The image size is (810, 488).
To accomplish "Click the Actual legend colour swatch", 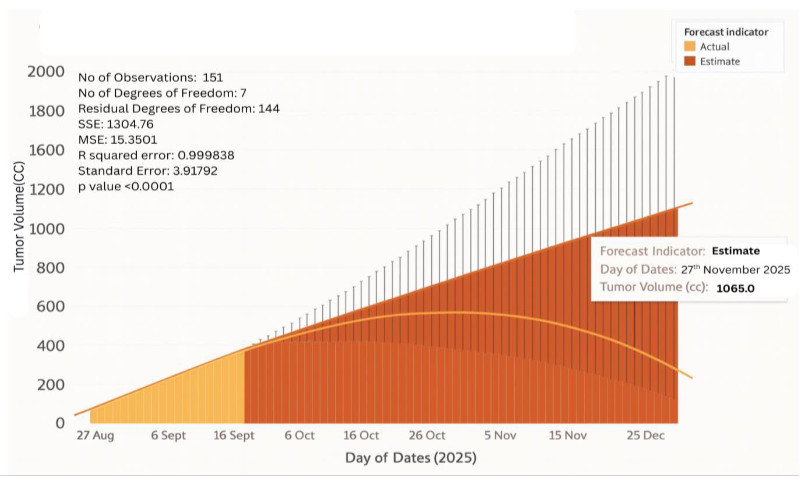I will click(689, 46).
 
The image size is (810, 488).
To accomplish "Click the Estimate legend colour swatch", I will click(689, 61).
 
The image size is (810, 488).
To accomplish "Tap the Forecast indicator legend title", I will click(726, 32).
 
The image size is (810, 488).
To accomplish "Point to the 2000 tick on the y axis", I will click(46, 72).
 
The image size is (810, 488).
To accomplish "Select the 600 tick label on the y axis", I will click(50, 306).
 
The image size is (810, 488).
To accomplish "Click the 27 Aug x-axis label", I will click(95, 436).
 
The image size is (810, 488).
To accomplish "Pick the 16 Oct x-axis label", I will click(361, 436).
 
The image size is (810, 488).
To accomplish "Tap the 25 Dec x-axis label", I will click(645, 436).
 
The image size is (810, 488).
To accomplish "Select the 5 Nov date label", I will click(500, 436).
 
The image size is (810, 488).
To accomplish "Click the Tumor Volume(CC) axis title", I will click(19, 217).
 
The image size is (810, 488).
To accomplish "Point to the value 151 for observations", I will click(213, 78).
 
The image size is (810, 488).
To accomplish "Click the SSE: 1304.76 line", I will click(116, 124).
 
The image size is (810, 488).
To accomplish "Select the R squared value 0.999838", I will click(206, 155).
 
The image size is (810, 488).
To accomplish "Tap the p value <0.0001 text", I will click(126, 187).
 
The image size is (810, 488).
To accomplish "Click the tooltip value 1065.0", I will click(735, 288).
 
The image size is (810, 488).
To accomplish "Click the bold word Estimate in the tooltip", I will click(735, 251).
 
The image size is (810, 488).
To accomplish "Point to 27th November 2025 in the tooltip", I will click(735, 270).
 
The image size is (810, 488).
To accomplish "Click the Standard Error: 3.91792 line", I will click(148, 171).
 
